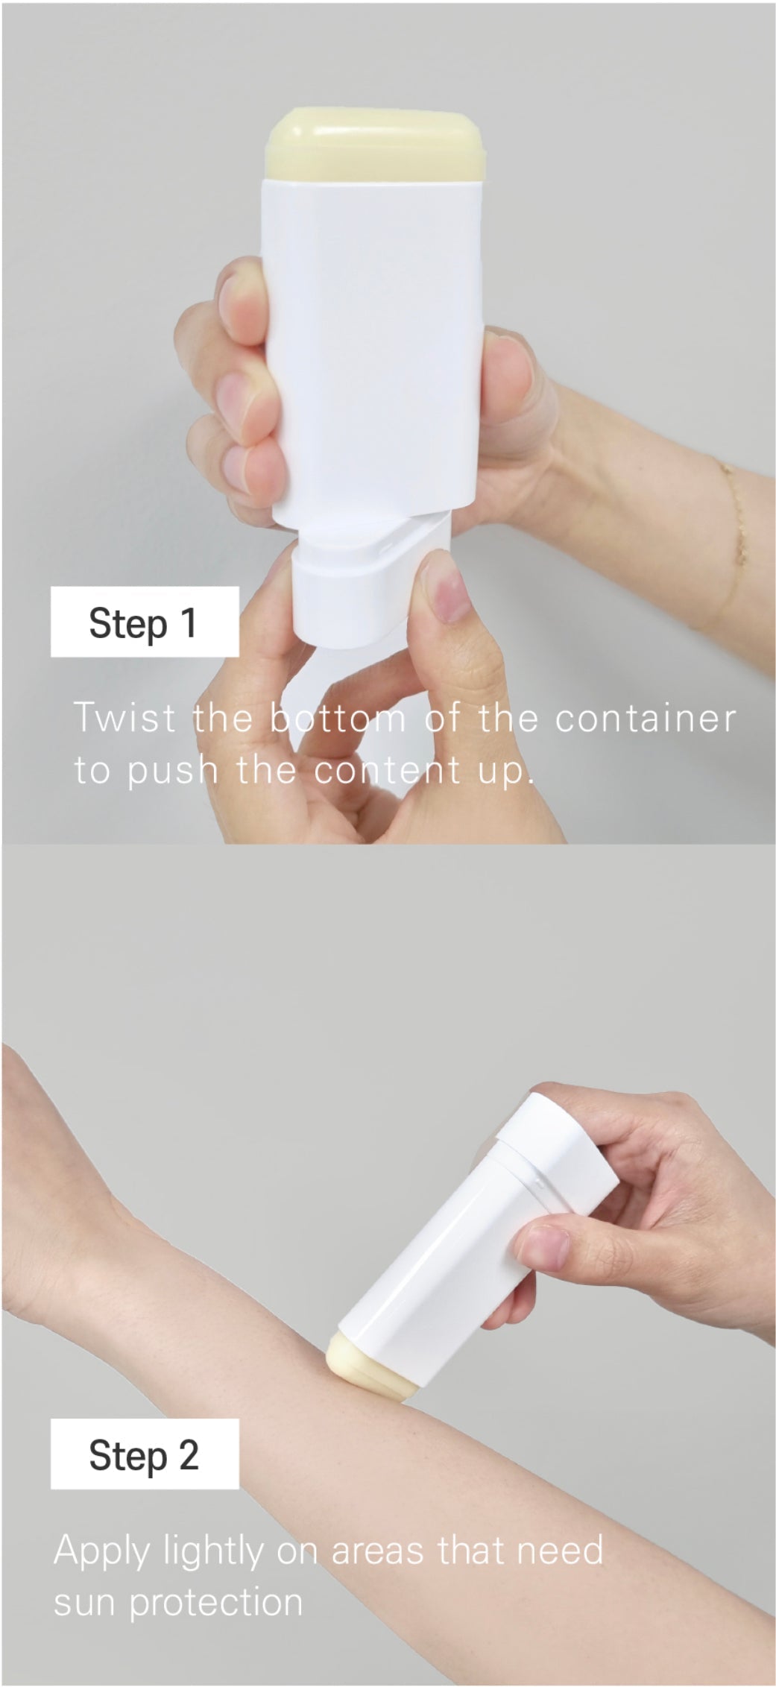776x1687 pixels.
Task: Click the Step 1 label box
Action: point(145,621)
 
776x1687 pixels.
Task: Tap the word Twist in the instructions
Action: point(125,717)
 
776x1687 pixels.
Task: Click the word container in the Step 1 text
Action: point(646,717)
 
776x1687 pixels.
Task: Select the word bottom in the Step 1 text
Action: point(338,717)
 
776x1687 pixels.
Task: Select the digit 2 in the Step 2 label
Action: point(189,1454)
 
